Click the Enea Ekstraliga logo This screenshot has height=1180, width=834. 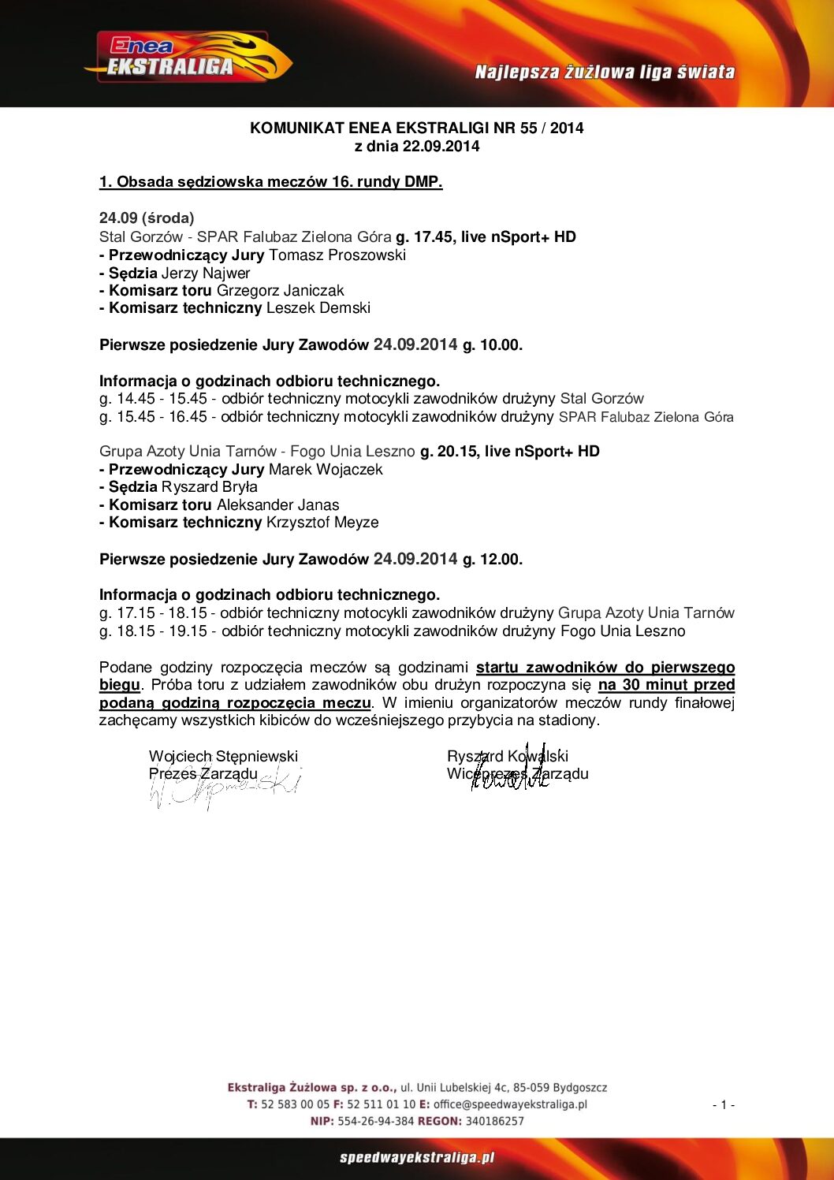coord(188,58)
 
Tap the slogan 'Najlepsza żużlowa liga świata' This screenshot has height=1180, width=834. coord(605,73)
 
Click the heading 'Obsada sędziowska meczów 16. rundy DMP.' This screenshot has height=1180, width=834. coord(270,182)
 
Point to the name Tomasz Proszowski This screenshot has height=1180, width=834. coord(337,255)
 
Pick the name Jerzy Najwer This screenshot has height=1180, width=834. coord(206,273)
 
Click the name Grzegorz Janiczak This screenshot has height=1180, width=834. coord(280,290)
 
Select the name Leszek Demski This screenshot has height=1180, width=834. coord(318,307)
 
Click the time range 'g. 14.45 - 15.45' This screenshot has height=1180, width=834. coord(153,399)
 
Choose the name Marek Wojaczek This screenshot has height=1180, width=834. coord(326,469)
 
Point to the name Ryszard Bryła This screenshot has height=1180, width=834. coord(210,486)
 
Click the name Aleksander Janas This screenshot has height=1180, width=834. coord(278,504)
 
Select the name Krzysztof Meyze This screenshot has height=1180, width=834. coord(322,522)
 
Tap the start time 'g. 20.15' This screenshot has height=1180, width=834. coord(449,451)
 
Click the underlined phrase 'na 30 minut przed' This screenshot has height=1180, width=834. coord(666,684)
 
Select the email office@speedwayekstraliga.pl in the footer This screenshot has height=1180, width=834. coord(510,1104)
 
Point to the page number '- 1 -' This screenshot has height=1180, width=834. coord(723,1104)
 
